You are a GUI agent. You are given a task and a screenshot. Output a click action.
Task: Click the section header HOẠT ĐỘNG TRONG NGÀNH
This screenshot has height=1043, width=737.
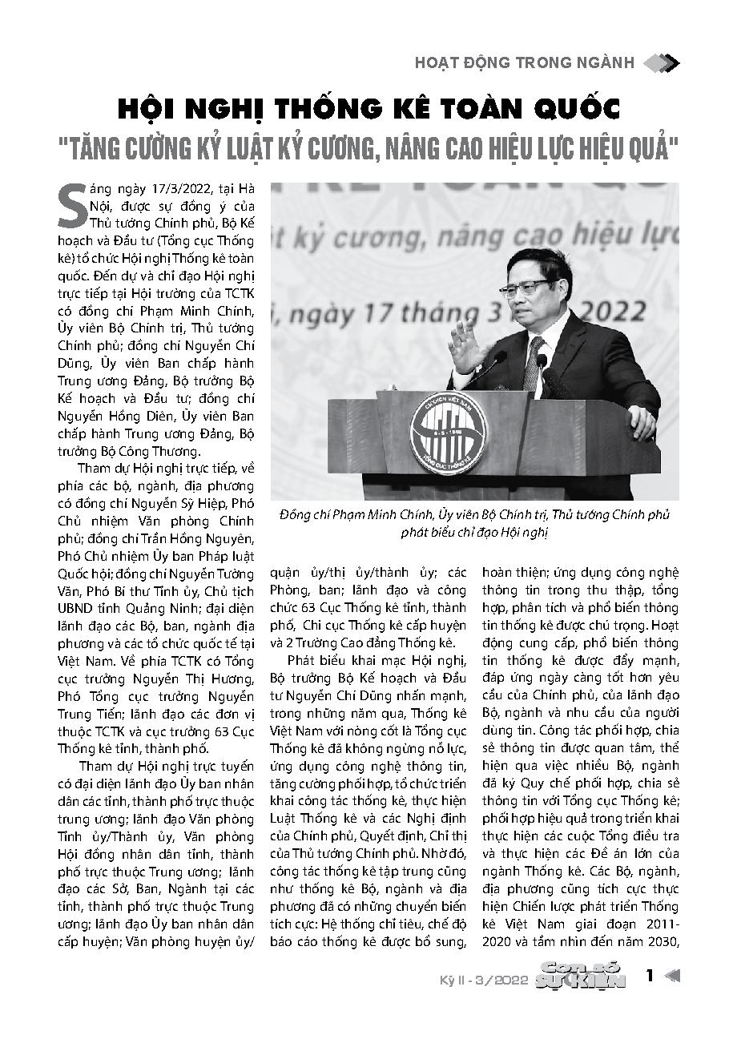pos(525,62)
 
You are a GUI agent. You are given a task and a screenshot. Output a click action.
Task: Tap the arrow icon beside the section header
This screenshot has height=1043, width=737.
pos(661,62)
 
